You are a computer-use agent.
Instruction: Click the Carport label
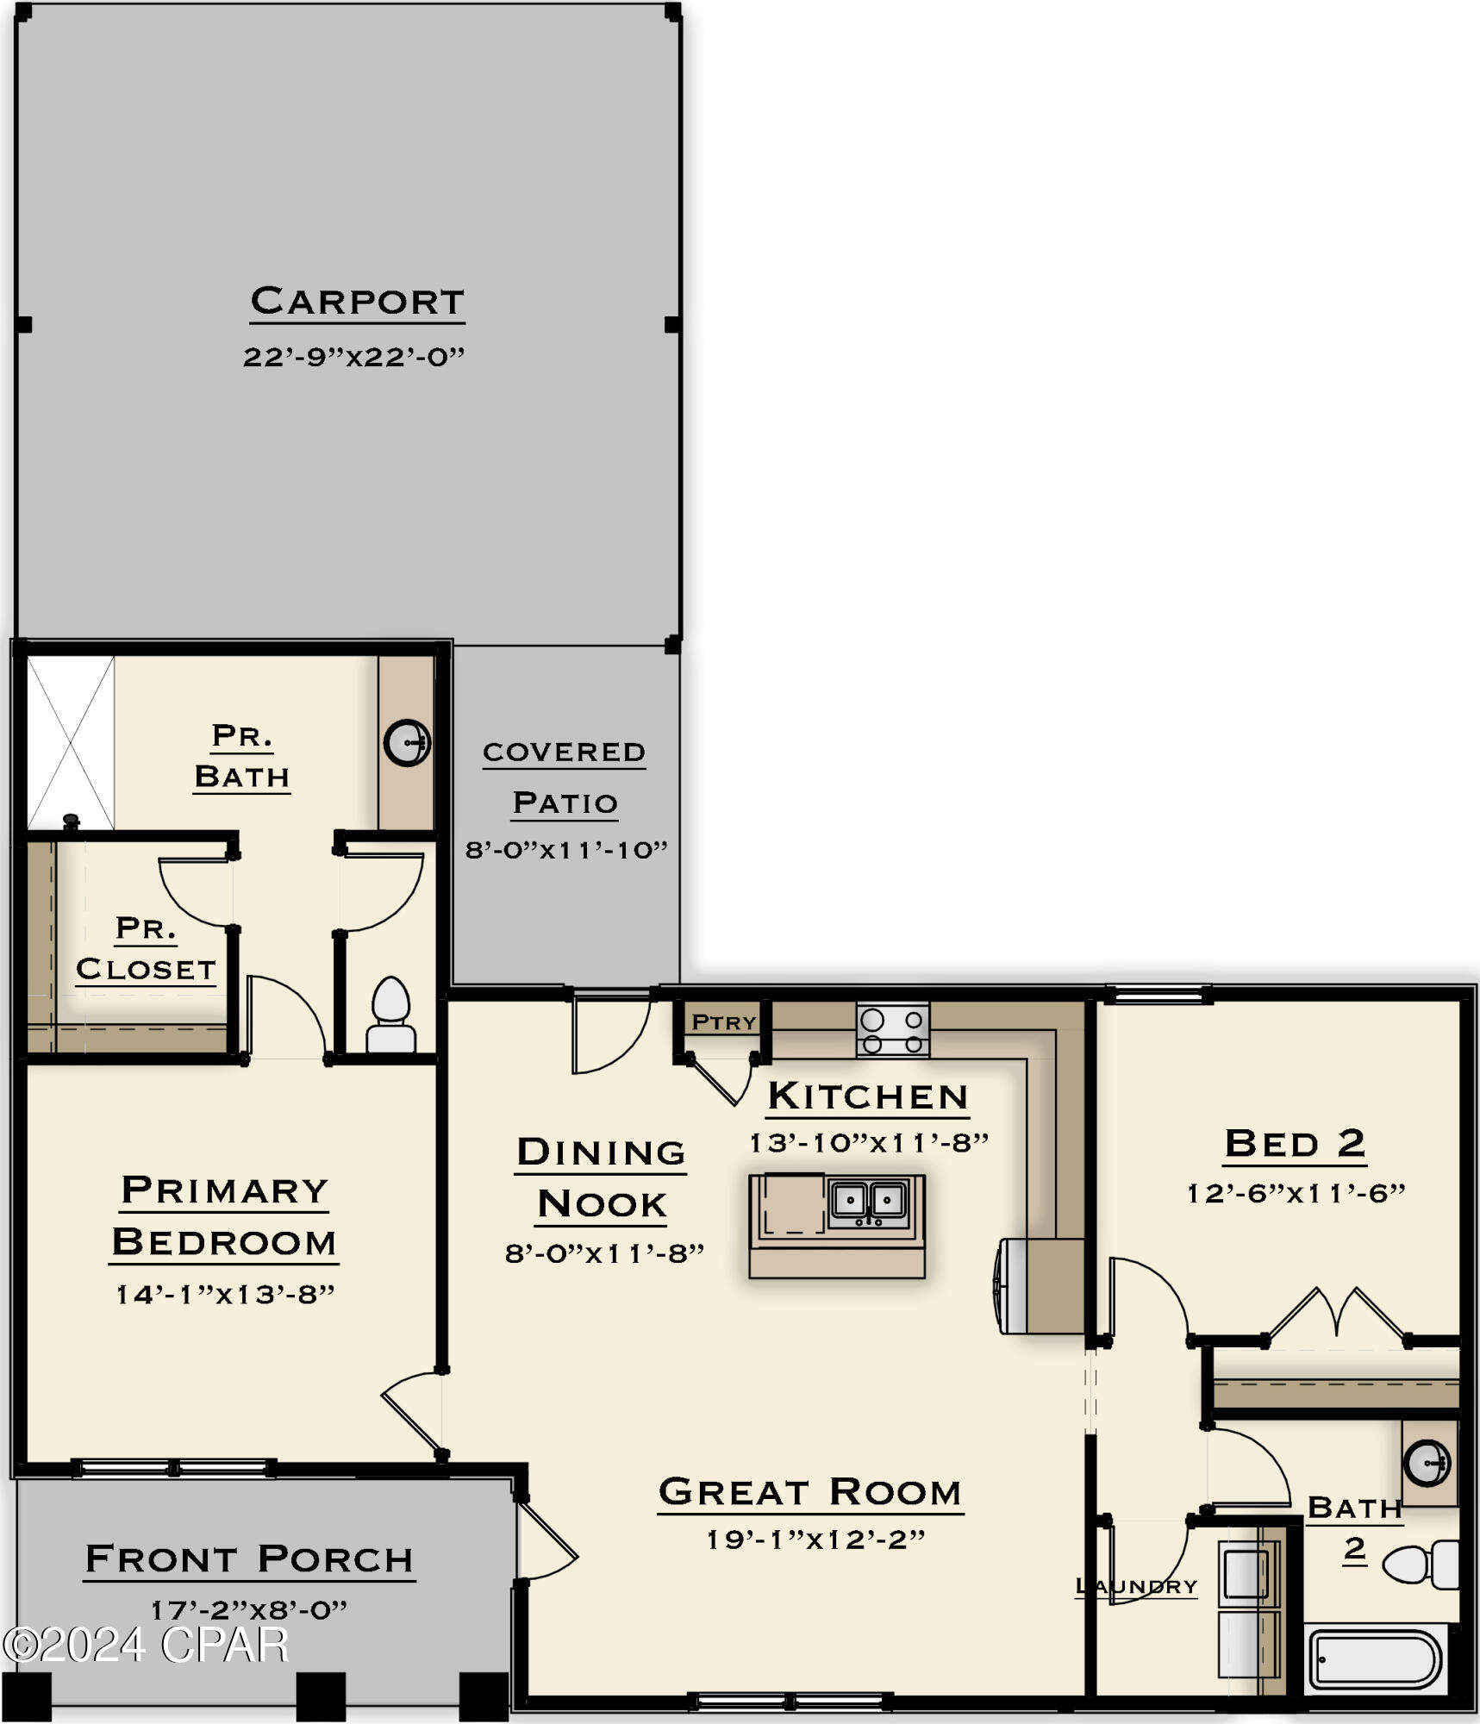(357, 303)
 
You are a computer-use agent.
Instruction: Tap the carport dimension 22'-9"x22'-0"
(353, 357)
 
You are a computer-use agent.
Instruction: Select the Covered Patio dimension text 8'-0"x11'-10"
(566, 850)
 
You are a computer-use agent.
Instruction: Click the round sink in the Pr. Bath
(407, 742)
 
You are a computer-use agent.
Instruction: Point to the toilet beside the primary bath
(390, 1015)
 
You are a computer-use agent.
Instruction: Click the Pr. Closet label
(146, 949)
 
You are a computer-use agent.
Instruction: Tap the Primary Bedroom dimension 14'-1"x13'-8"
(225, 1294)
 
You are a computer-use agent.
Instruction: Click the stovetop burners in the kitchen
(893, 1030)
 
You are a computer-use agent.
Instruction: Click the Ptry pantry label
(724, 1022)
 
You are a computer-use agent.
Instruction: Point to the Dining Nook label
(602, 1177)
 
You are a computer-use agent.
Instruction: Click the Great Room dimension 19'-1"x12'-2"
(815, 1539)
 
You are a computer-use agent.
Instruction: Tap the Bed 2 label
(1295, 1144)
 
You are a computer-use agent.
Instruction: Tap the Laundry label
(1136, 1586)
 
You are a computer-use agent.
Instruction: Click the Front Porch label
(250, 1559)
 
